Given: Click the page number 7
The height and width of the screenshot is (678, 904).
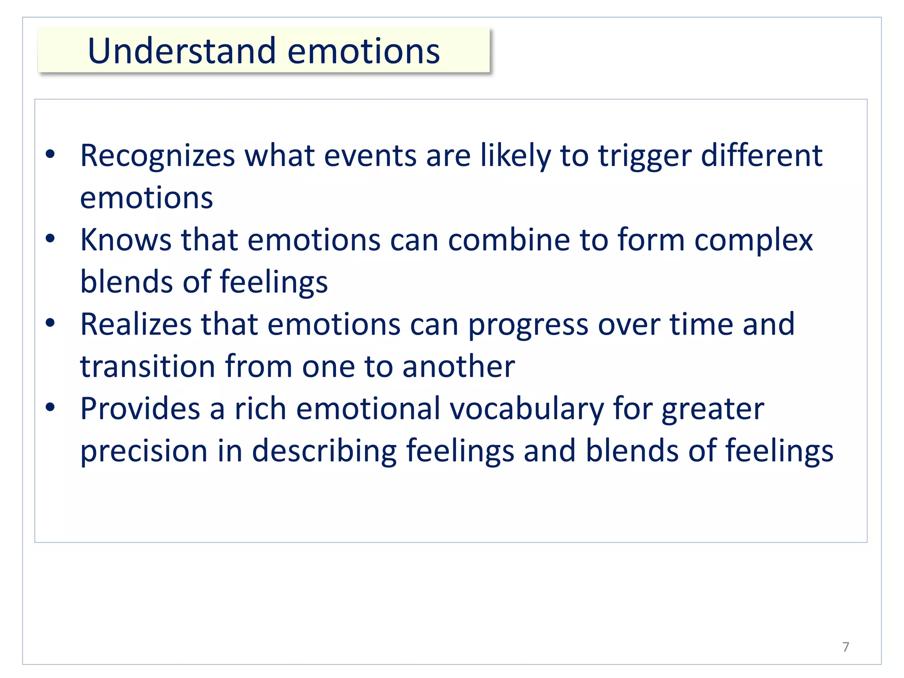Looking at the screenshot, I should pos(845,647).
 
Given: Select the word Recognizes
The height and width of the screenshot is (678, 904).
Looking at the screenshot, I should pos(158,156).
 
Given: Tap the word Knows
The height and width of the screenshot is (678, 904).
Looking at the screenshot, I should pos(125,240).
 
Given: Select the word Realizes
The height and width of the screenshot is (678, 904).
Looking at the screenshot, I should pos(136,324).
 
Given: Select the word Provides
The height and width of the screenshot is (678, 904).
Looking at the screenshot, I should pos(140,409).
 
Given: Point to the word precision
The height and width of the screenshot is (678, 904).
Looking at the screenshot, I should pos(143,451).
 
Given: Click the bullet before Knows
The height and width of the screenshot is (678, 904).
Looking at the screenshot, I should pos(50,239).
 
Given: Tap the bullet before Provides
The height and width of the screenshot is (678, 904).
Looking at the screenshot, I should pos(50,407).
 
